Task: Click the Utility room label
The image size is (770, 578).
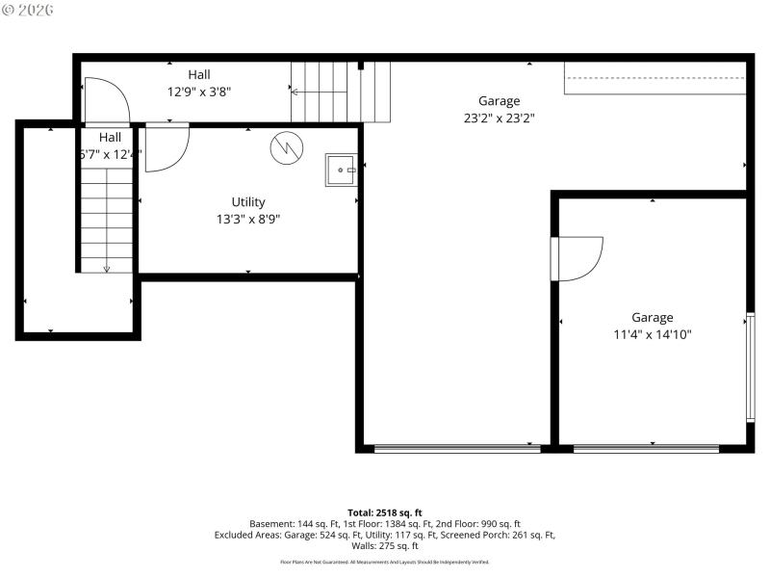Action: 248,202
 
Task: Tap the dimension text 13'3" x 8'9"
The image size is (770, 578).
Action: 248,219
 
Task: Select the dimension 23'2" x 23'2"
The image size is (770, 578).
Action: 499,118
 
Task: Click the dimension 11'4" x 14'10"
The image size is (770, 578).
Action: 653,334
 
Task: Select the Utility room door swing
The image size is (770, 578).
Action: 167,147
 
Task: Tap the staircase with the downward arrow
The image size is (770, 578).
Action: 106,220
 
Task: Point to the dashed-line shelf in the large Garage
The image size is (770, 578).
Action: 654,78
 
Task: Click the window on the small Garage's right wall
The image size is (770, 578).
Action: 750,367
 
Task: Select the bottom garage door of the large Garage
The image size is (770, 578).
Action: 457,448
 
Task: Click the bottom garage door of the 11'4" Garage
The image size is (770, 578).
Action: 646,448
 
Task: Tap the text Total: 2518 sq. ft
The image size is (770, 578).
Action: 385,512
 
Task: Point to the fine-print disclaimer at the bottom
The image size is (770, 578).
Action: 385,562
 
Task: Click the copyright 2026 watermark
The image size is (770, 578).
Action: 28,10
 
